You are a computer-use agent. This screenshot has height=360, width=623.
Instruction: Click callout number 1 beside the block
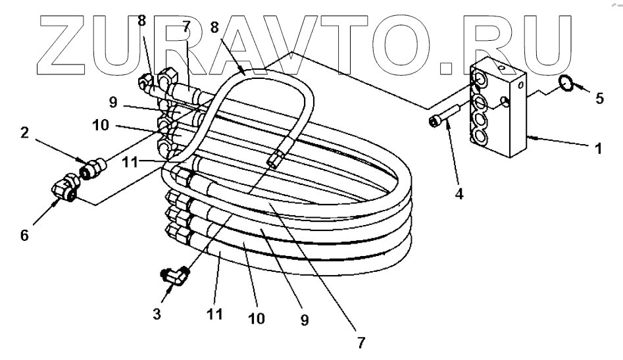click(598, 148)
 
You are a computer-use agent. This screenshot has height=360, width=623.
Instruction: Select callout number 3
click(157, 314)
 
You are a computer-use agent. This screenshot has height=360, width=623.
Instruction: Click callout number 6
click(24, 235)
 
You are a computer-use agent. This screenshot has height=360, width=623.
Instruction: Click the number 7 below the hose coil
click(361, 343)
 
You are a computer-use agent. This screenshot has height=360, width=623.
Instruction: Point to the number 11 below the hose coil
click(214, 314)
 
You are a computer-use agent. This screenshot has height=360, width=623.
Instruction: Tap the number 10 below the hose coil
click(257, 319)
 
